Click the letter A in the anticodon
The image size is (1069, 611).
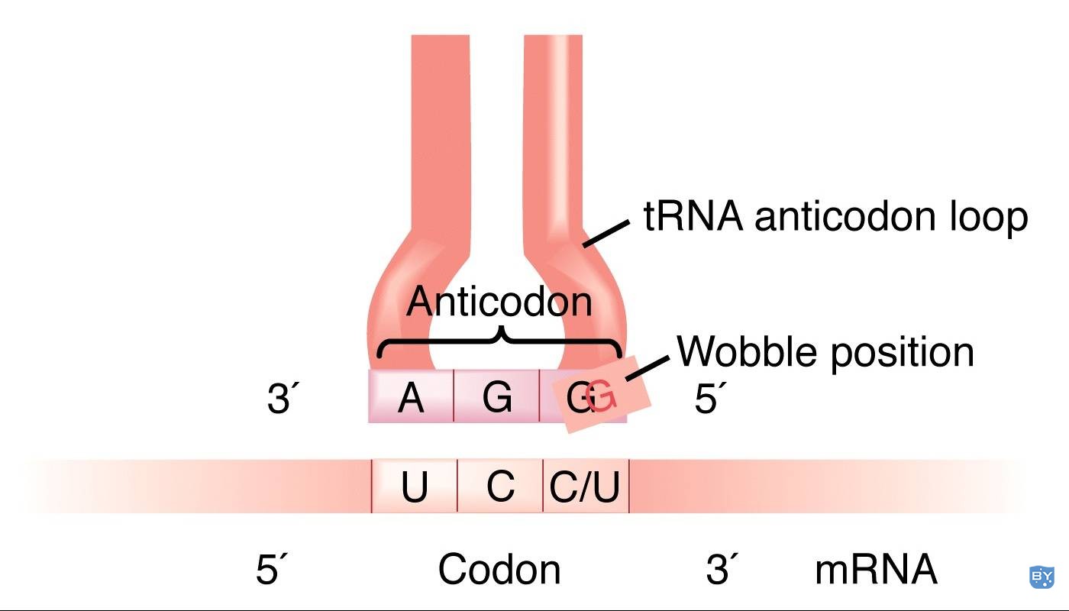tap(411, 398)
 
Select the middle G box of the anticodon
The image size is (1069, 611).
tap(496, 396)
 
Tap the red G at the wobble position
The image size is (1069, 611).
tap(602, 396)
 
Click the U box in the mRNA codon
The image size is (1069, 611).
tap(414, 486)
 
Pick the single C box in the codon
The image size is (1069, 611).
tap(500, 486)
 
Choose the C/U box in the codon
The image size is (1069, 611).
tap(586, 486)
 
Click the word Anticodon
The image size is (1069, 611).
tap(499, 301)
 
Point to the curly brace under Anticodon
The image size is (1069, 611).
tap(499, 341)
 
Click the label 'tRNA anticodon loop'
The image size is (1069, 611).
tap(835, 217)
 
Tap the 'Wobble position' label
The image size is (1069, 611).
tap(825, 352)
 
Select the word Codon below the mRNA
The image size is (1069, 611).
tap(499, 569)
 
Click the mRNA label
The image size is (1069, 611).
tap(877, 569)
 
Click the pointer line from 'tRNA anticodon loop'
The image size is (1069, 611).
tap(606, 234)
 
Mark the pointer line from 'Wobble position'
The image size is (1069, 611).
tap(648, 368)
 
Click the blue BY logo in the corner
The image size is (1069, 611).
tap(1041, 577)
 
